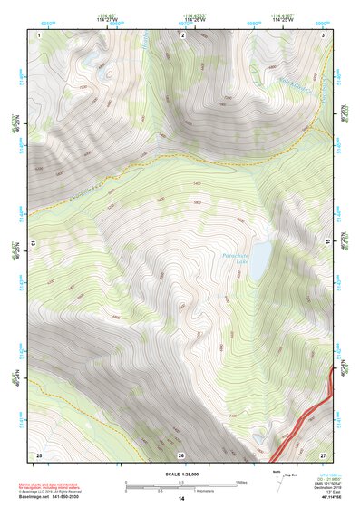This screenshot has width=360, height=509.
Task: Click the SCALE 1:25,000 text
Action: click(180, 474)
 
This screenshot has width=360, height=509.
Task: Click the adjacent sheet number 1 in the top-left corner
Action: click(40, 34)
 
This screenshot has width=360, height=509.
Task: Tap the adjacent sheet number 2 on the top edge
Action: click(182, 34)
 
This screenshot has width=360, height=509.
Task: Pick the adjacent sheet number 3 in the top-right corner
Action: click(324, 34)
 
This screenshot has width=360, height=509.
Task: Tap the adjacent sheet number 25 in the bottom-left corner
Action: click(39, 454)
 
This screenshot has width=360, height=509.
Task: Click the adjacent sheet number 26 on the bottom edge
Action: click(180, 455)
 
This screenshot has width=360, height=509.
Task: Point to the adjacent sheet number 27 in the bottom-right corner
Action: click(323, 454)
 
